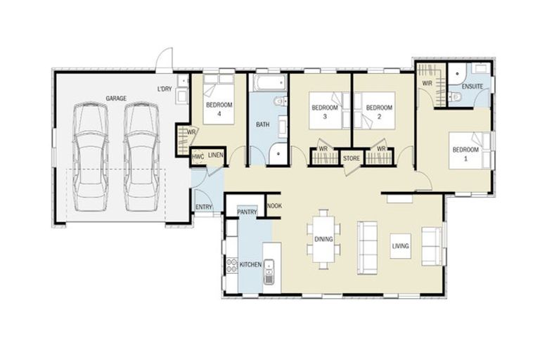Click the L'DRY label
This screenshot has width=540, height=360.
click(x=165, y=89)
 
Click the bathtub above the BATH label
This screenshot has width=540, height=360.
click(x=268, y=84)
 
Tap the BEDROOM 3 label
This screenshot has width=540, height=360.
click(x=325, y=112)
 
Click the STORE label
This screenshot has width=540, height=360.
click(x=352, y=159)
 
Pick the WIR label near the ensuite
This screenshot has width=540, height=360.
click(x=427, y=83)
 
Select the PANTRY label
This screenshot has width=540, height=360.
click(x=247, y=212)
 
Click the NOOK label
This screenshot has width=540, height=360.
click(x=274, y=207)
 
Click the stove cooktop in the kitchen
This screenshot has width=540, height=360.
click(x=231, y=266)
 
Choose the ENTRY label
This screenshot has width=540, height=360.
click(x=204, y=207)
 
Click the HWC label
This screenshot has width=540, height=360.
click(x=198, y=155)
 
